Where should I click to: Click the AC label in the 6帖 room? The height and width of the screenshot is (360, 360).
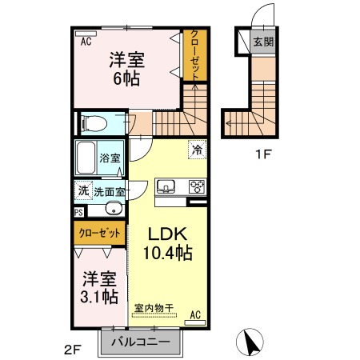[x=86, y=42]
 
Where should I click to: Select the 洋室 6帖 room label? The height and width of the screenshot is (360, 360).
[x=126, y=68]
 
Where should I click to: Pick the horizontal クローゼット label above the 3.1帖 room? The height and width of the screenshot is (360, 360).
[x=99, y=233]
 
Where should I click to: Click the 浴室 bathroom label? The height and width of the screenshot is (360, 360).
[x=110, y=158]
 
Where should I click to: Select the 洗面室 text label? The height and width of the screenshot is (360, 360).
[x=109, y=191]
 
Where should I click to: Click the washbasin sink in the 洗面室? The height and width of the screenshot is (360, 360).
[x=114, y=210]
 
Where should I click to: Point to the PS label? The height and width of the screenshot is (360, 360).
[x=78, y=212]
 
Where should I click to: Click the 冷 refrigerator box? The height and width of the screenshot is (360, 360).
[x=195, y=148]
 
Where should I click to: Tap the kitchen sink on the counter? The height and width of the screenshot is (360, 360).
[x=167, y=186]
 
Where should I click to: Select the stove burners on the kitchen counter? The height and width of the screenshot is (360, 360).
[x=195, y=186]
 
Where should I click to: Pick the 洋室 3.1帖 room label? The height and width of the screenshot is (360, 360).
[x=101, y=288]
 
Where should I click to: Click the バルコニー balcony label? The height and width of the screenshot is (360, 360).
[x=140, y=342]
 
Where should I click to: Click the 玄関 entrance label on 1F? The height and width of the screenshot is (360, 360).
[x=262, y=42]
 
